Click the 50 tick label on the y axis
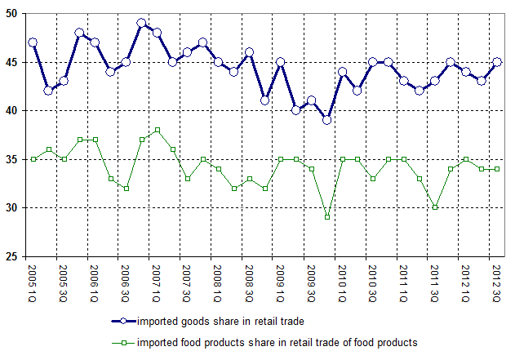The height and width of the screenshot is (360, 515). coord(13,13)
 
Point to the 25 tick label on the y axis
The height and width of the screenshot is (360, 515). coord(13,257)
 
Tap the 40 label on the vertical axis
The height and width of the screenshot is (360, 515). coord(13,110)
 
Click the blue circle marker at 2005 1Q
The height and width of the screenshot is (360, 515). coord(33,42)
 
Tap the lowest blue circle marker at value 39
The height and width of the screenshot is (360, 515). coord(326,120)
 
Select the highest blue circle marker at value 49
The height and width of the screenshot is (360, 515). coord(141,23)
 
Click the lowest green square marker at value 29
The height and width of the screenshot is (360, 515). coord(326,217)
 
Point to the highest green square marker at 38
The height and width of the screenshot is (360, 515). coord(157,130)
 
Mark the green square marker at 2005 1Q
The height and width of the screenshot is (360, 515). coord(33,159)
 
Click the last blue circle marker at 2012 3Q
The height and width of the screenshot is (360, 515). coord(497,61)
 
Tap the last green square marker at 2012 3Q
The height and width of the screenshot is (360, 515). coord(497,169)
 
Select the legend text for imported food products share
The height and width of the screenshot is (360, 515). coord(277,343)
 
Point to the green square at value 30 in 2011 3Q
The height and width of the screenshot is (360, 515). coord(435,207)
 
